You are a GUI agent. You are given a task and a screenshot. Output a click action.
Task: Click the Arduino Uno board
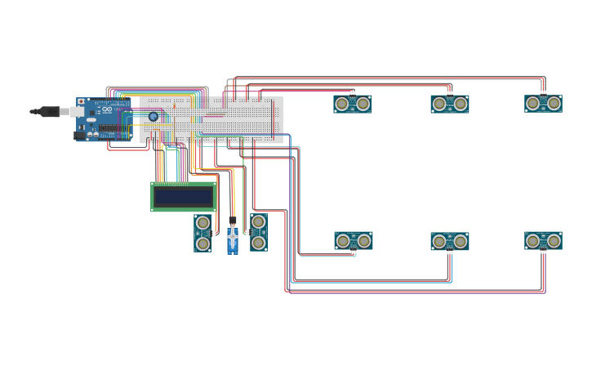click(x=105, y=119)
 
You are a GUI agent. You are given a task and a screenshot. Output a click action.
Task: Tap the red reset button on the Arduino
click(x=81, y=101)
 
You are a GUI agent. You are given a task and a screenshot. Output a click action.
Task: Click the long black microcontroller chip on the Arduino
click(x=111, y=128)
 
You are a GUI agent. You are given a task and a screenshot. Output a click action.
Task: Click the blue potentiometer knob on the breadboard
click(x=154, y=117)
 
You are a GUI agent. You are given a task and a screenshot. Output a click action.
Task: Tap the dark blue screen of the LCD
click(x=183, y=197)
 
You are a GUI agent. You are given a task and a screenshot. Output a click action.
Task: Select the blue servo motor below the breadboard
click(x=233, y=239)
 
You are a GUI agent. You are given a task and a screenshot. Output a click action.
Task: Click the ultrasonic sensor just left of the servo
click(x=203, y=233)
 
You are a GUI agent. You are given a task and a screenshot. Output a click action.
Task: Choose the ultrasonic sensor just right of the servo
click(x=259, y=232)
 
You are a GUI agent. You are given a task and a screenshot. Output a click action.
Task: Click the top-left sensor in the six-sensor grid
click(x=353, y=104)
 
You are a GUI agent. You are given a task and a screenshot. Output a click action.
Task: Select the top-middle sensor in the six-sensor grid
click(x=450, y=104)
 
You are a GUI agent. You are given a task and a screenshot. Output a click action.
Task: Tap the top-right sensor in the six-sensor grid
click(x=543, y=103)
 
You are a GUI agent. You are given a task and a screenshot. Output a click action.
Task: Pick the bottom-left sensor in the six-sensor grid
click(x=353, y=240)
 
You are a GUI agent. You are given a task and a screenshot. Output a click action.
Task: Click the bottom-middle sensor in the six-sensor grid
click(x=450, y=241)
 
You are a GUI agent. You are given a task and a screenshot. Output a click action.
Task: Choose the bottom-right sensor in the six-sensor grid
click(x=543, y=240)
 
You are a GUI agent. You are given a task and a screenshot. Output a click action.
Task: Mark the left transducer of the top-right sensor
click(x=533, y=103)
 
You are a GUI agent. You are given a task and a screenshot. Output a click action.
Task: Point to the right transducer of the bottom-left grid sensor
click(x=363, y=240)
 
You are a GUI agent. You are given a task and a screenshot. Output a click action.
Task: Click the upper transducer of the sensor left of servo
click(x=203, y=223)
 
